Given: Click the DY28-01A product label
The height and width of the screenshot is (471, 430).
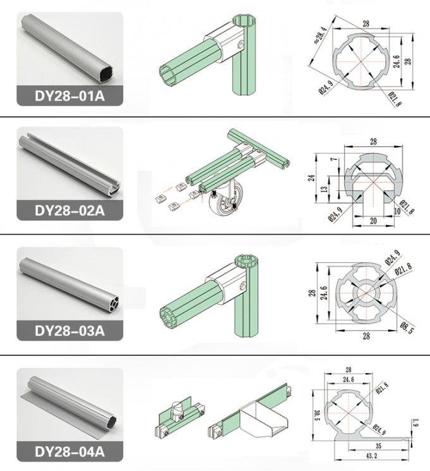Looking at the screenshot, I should pyautogui.click(x=70, y=97).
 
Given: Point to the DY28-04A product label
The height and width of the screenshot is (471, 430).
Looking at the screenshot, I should pyautogui.click(x=70, y=451).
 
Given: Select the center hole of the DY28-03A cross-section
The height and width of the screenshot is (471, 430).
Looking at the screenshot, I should pyautogui.click(x=365, y=294).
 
